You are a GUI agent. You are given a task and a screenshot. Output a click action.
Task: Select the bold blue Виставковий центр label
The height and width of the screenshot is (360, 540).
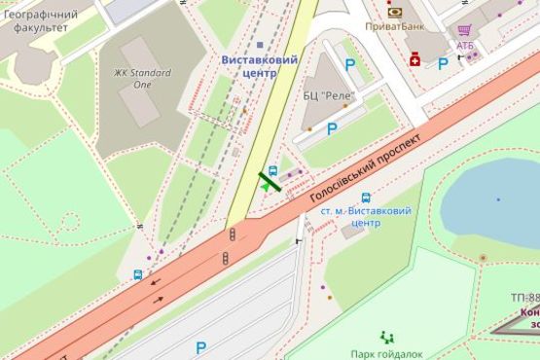pos(260,66)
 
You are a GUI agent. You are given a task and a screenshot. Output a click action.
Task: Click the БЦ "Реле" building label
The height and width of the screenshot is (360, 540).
pos(330,95)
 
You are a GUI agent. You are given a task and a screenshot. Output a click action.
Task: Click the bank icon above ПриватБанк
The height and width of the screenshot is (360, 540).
pos(395,12)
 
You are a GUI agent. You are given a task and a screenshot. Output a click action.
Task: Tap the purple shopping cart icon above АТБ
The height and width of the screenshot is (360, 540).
pos(464,29)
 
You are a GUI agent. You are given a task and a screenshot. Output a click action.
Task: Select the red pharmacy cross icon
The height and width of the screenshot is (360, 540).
pos(415,60)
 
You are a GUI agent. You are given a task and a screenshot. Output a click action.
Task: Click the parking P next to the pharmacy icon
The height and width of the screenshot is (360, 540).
pos(443,64)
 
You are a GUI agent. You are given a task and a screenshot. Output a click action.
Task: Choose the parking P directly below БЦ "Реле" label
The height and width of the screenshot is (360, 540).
pos(332,127)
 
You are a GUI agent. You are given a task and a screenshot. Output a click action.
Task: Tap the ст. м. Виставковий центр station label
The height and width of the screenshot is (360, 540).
pos(366,216)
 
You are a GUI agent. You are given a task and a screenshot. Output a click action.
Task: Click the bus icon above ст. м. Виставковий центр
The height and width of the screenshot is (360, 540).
pos(366,198)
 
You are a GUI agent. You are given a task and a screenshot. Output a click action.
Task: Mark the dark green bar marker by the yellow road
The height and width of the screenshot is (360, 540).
pos(270,180)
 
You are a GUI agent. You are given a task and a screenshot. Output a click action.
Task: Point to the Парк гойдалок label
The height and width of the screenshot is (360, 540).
pos(387,354)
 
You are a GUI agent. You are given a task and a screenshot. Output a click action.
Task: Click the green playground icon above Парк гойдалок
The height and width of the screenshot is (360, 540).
pos(387,337)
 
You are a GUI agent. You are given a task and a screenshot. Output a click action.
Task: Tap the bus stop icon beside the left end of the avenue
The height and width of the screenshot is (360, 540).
pos(138,275)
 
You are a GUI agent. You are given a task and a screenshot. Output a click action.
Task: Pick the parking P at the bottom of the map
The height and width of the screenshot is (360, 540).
pos(200,346)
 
